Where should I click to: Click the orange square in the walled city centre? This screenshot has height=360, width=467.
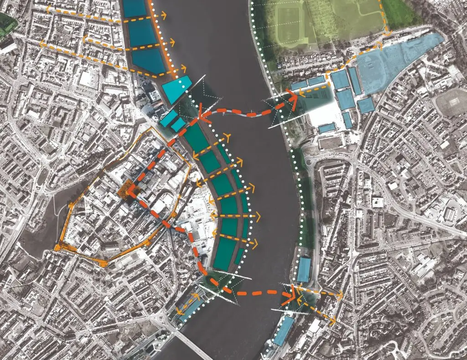(128, 190)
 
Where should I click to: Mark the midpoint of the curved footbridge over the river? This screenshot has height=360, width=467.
(246, 114)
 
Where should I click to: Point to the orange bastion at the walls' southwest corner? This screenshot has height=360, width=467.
(58, 247)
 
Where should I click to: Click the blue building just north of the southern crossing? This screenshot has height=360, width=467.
(303, 270)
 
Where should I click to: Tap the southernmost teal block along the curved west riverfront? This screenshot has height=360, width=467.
(226, 257)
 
